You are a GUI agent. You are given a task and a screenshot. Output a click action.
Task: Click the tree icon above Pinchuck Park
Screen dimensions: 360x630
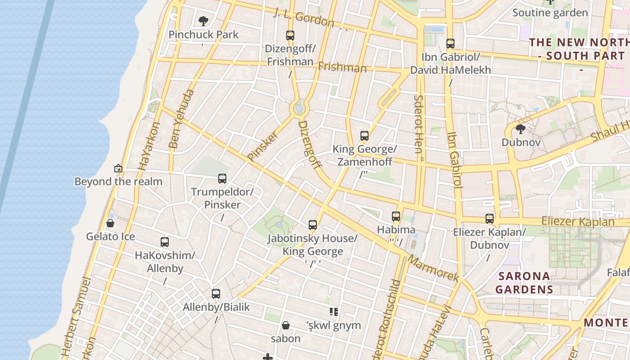pyautogui.click(x=203, y=21)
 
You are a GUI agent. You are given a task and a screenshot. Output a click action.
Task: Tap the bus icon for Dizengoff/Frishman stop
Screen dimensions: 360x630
pyautogui.click(x=290, y=35)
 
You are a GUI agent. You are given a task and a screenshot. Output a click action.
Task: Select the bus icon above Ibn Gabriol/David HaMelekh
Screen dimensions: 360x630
pyautogui.click(x=450, y=44)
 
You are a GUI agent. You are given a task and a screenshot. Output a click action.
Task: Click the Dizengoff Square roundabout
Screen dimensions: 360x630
pyautogui.click(x=299, y=108)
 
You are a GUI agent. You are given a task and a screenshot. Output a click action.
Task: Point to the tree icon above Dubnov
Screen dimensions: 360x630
pyautogui.click(x=521, y=130)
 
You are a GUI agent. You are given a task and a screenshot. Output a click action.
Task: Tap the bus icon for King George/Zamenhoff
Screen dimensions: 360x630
pyautogui.click(x=364, y=135)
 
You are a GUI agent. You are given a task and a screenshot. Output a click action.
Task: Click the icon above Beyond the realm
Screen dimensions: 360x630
pyautogui.click(x=118, y=169)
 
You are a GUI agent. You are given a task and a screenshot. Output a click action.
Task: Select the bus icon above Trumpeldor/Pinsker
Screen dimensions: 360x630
pyautogui.click(x=222, y=179)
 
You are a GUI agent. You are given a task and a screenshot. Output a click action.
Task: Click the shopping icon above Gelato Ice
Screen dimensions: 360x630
pyautogui.click(x=110, y=223)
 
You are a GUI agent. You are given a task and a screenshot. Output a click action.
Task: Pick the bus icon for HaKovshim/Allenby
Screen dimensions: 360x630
pyautogui.click(x=165, y=242)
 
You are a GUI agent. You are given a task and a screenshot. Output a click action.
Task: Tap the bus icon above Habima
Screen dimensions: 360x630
pyautogui.click(x=396, y=216)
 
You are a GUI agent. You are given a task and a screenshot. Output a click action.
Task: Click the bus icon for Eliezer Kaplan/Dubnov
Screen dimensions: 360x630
pyautogui.click(x=490, y=219)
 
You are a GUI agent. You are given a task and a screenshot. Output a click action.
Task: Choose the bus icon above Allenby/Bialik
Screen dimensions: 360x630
pyautogui.click(x=216, y=294)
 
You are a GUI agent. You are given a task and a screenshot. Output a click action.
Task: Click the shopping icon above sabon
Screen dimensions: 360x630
pyautogui.click(x=285, y=325)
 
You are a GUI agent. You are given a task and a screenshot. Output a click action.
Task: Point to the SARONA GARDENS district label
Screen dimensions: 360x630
pyautogui.click(x=524, y=283)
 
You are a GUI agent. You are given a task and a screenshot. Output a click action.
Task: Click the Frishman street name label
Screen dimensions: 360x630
pyautogui.click(x=342, y=67)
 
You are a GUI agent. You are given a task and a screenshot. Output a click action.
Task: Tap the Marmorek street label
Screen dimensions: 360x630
pyautogui.click(x=433, y=269)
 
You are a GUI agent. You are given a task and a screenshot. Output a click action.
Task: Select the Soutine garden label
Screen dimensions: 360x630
pyautogui.click(x=550, y=13)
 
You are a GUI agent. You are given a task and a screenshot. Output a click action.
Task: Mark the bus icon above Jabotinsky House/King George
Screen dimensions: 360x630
pyautogui.click(x=313, y=225)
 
